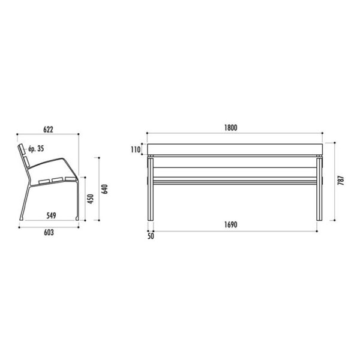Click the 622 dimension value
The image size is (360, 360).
pos(48,128)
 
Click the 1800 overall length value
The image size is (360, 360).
pos(232,127)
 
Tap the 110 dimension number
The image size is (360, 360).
pos(136,149)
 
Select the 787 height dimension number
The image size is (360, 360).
pos(340,181)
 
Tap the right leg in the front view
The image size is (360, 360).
pos(319,189)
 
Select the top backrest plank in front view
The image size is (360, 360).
pos(235,149)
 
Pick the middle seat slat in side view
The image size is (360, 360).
pos(58,179)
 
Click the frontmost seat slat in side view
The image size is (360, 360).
pos(70,178)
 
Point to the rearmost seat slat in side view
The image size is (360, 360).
pos(44,181)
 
